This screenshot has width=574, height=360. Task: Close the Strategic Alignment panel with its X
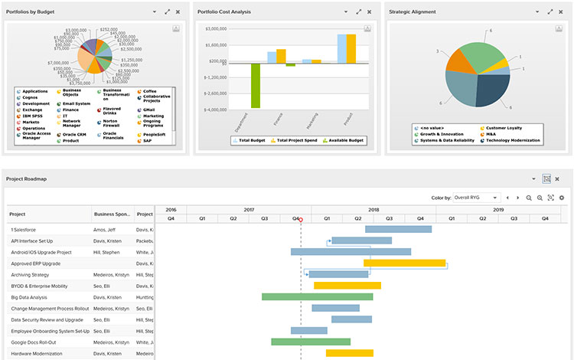560,11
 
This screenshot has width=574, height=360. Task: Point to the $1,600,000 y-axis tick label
216,44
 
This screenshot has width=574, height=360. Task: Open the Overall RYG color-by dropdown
475,198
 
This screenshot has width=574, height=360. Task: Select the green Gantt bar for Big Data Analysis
317,296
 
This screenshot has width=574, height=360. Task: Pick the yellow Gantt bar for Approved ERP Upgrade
404,263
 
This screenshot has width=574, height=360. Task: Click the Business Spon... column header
112,214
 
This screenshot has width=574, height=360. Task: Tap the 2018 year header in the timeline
373,209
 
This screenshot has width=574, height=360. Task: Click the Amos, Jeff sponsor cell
105,229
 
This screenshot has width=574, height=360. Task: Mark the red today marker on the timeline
301,220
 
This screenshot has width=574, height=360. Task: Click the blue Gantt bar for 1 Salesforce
398,229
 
